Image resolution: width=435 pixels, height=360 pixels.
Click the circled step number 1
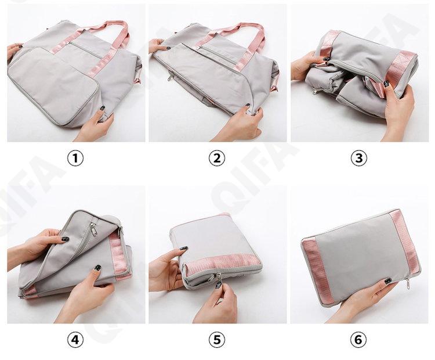[x=75, y=158]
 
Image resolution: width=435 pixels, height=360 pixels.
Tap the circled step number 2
[x=217, y=158]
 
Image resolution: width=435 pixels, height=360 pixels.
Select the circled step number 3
[x=358, y=158]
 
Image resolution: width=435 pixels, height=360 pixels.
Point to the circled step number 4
[x=75, y=340]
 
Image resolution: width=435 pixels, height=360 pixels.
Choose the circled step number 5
[x=217, y=340]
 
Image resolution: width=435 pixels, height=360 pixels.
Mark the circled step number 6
[x=358, y=340]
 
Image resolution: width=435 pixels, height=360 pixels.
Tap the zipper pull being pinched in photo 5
[x=218, y=280]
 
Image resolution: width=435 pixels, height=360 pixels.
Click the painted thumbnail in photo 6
[x=388, y=280]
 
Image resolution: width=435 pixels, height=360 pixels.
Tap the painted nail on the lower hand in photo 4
[x=97, y=268]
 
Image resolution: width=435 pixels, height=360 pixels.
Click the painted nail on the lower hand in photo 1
[x=102, y=108]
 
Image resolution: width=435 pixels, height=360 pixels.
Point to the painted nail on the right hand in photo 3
[x=386, y=83]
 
